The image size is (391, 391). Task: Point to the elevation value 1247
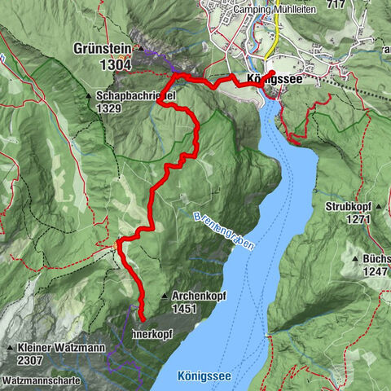(377, 271)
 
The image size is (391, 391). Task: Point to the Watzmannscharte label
(41, 380)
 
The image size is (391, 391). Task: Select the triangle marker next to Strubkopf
(322, 207)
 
